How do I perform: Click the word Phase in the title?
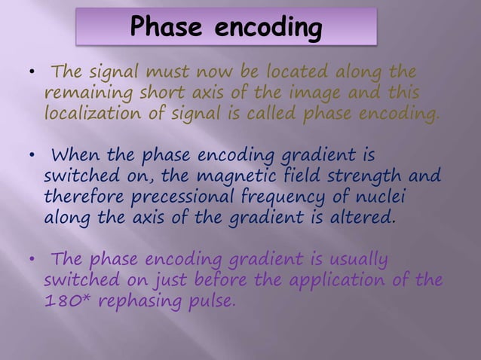pos(168,28)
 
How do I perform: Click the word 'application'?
pos(349,282)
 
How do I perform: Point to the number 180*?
pos(67,302)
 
